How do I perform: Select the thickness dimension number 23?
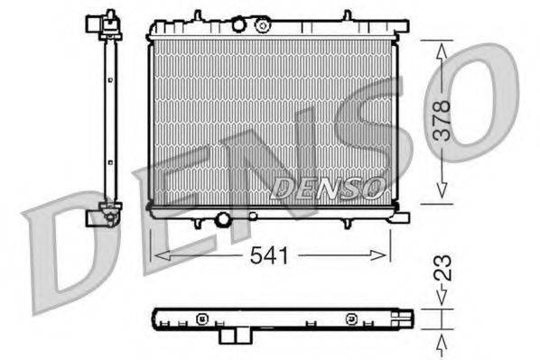442,267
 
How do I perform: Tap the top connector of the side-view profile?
109,22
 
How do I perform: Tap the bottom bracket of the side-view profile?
105,216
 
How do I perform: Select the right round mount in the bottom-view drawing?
349,318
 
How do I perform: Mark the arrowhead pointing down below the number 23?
442,302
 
